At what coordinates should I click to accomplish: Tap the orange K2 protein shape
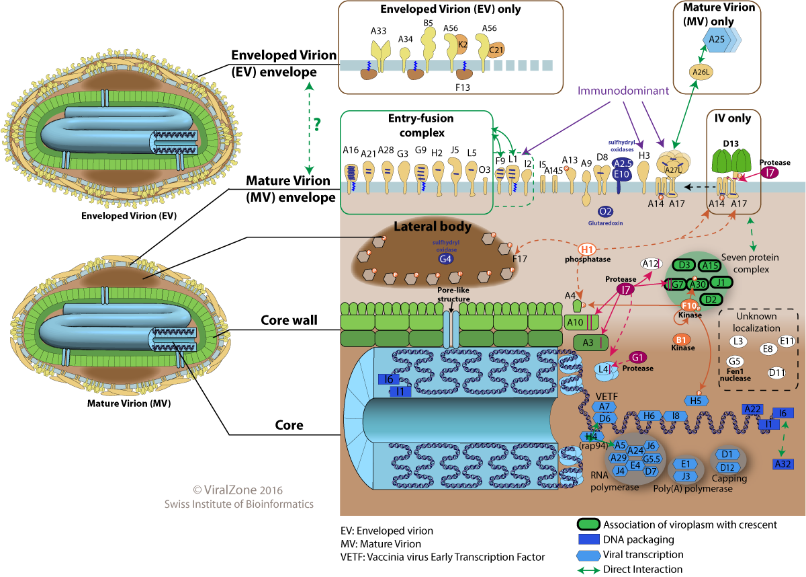463,44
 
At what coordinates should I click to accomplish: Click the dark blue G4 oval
445,258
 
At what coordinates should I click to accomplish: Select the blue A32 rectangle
781,463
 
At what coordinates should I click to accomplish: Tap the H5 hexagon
695,401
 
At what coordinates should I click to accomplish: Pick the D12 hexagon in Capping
726,467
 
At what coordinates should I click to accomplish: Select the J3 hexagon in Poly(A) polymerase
686,476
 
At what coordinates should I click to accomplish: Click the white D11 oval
777,372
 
